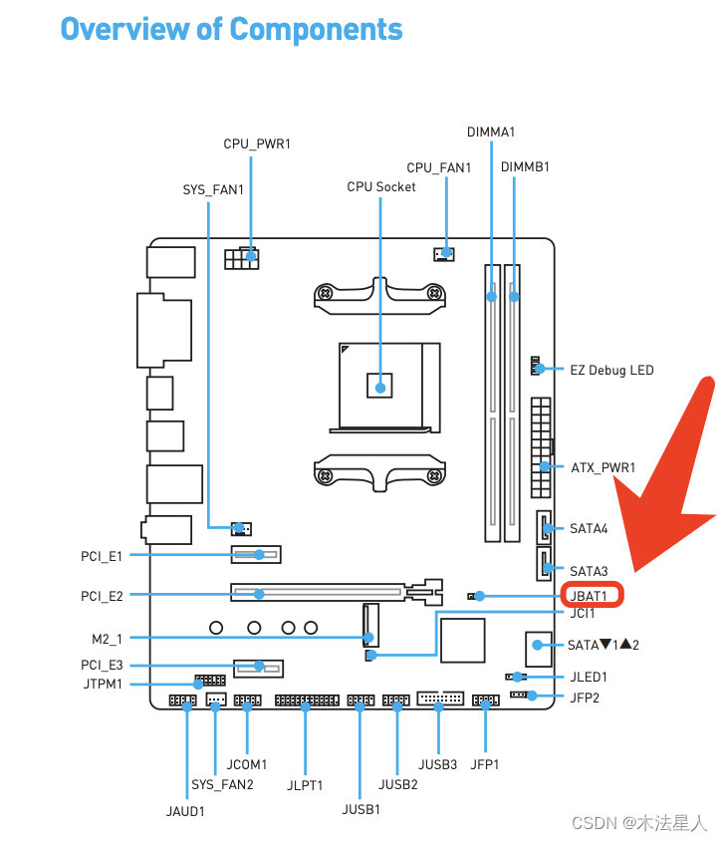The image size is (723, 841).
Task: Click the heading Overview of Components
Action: (x=231, y=29)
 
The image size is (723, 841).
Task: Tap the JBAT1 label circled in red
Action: (x=594, y=596)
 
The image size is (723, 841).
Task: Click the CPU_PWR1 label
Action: (x=257, y=144)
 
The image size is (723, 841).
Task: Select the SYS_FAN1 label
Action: (x=213, y=188)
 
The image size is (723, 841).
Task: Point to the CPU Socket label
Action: (x=381, y=186)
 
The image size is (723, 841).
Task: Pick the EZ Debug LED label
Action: (x=611, y=370)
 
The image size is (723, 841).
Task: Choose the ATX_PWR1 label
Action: (x=602, y=466)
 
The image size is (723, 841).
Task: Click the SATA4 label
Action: (x=589, y=528)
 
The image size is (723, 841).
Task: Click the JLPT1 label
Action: (x=305, y=784)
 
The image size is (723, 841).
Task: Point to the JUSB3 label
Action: (x=438, y=764)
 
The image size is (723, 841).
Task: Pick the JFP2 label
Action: (x=585, y=697)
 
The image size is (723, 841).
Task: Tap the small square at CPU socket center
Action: (x=379, y=384)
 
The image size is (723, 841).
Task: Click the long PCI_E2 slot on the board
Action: (x=318, y=593)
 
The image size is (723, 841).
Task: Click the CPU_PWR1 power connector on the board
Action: (x=241, y=258)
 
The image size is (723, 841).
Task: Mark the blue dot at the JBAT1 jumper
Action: (x=480, y=596)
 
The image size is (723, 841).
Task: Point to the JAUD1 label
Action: (x=185, y=811)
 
